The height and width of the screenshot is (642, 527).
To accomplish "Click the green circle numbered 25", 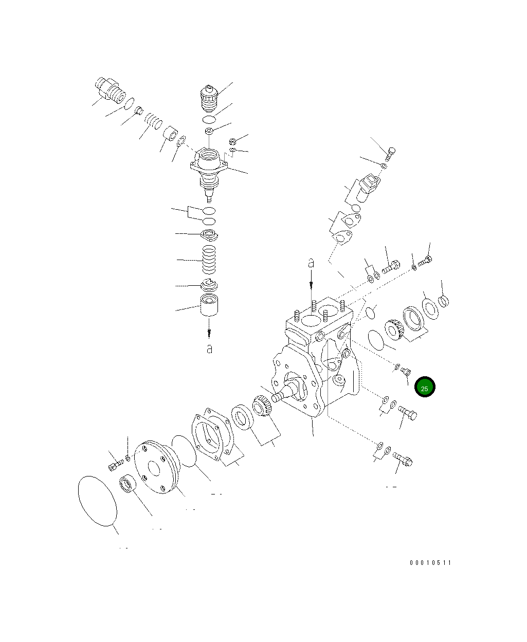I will tap(425, 388).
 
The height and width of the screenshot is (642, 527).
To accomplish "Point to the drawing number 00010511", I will tap(430, 563).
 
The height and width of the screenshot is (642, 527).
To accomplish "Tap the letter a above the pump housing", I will tap(311, 263).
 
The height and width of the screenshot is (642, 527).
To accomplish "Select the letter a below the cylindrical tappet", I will tap(209, 348).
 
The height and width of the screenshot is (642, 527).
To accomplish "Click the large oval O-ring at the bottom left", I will tap(97, 500).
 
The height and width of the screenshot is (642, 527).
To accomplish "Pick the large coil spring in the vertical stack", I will tap(209, 261).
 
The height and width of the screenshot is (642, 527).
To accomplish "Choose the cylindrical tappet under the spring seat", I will tap(209, 308).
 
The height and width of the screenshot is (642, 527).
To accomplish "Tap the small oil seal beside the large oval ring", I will tap(128, 484).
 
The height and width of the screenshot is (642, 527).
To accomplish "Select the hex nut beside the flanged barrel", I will tap(231, 140).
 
